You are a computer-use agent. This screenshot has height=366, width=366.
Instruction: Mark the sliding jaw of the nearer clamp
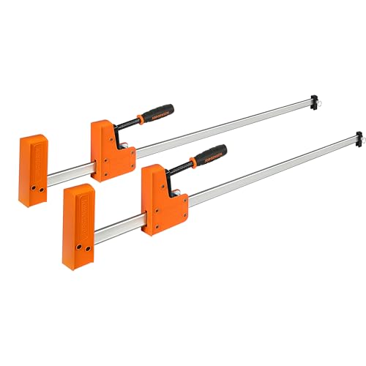coord(162,198)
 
